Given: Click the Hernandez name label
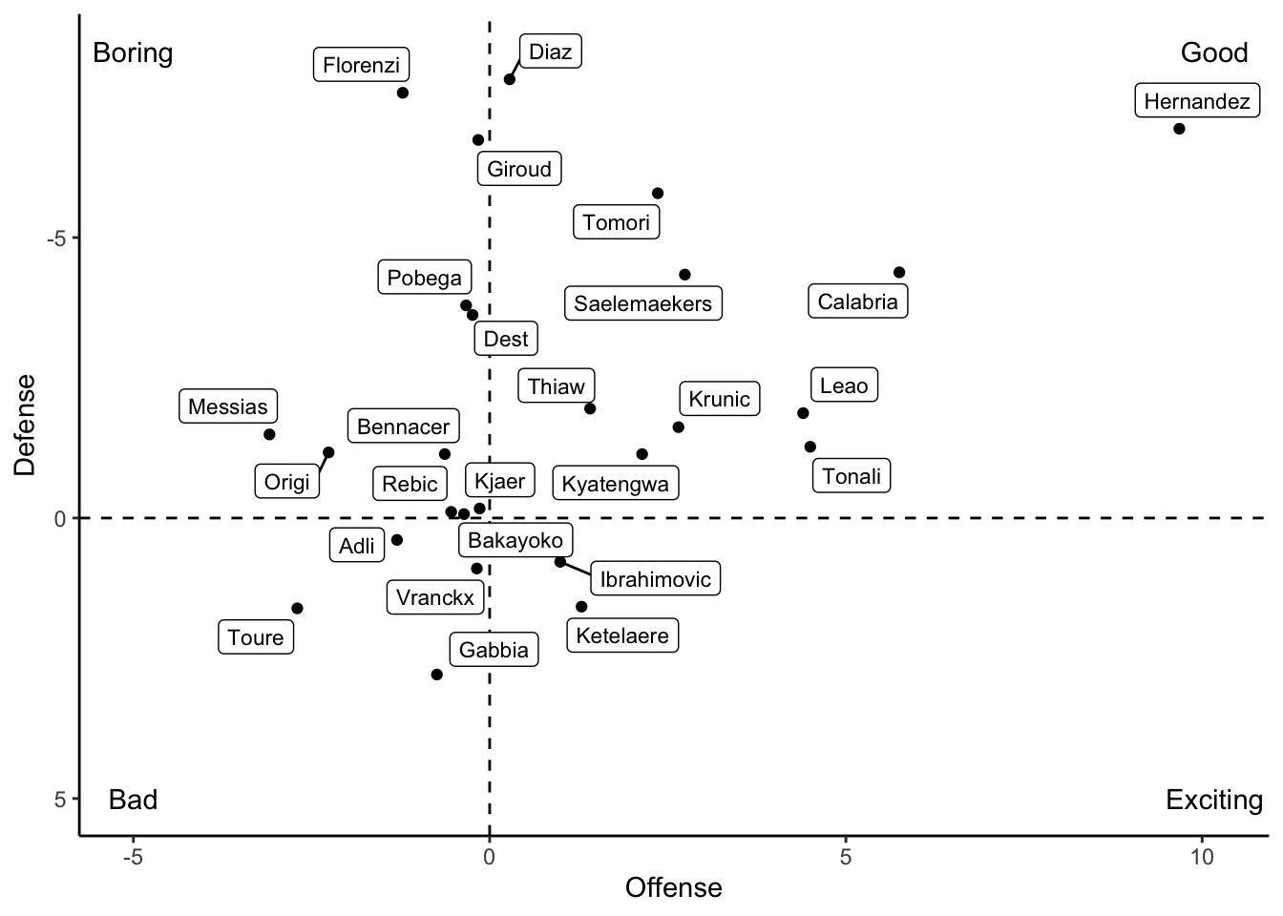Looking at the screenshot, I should (x=1196, y=101).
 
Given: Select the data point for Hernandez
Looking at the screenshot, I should (x=1179, y=129).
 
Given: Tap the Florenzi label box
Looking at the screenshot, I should (x=361, y=65).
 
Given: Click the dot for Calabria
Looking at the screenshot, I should (x=899, y=273).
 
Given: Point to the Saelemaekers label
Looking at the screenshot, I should (x=642, y=303).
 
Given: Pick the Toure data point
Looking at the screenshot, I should (x=297, y=609).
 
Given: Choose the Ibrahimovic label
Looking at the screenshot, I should (x=655, y=579).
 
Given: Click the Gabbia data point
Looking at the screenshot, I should (x=437, y=675).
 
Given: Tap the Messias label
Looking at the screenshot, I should (x=227, y=406).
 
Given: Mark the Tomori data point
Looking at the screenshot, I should (x=658, y=194).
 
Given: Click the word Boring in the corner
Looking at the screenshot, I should (x=133, y=52).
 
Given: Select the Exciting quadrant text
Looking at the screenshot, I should (x=1213, y=800).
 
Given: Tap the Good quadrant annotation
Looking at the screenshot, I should (x=1213, y=52).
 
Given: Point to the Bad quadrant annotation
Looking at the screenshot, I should (x=133, y=800).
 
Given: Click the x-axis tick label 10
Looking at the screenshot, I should (x=1202, y=857).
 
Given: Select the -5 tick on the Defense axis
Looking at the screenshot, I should (x=57, y=238).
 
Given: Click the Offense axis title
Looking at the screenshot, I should (x=673, y=888).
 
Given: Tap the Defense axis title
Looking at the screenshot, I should (x=25, y=425).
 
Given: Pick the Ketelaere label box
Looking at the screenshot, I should (x=622, y=635).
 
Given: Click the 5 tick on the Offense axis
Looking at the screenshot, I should (x=846, y=857).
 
